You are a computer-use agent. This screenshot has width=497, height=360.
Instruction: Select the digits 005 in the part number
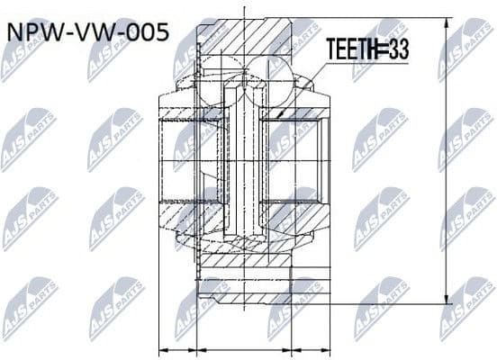144,33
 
